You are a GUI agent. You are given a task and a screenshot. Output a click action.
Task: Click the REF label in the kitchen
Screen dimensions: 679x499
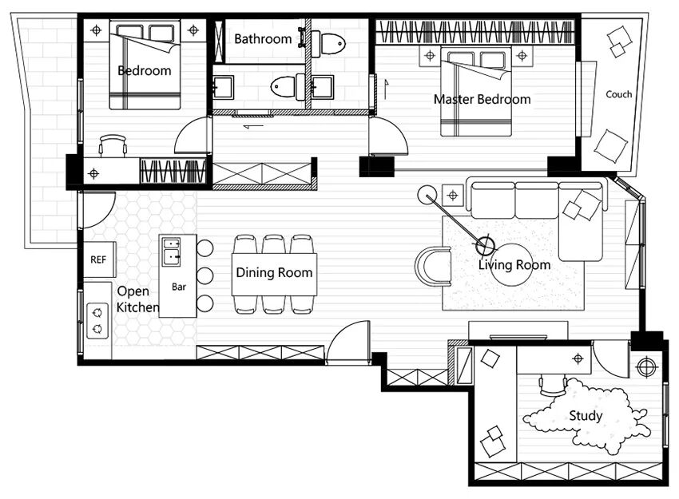(x=98, y=259)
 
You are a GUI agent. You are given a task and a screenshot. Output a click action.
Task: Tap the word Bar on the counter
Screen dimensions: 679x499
(x=179, y=287)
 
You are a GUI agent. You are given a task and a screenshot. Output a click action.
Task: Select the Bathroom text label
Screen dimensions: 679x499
(x=263, y=39)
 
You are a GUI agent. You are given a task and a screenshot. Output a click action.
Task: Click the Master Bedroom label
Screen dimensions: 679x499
(x=482, y=99)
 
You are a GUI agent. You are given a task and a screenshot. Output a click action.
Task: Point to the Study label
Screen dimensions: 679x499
(x=586, y=416)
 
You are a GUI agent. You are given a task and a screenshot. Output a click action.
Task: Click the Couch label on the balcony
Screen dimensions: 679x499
(x=618, y=94)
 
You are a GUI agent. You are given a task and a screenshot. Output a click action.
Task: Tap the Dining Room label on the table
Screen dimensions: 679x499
(x=274, y=272)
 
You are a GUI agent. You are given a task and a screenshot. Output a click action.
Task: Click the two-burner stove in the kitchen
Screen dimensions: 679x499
(x=97, y=321)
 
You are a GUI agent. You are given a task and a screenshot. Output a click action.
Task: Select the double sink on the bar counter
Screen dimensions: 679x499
(x=172, y=251)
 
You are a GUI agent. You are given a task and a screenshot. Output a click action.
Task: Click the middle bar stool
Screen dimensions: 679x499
(x=204, y=275)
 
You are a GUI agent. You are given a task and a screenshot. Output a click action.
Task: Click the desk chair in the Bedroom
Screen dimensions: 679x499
(x=113, y=145)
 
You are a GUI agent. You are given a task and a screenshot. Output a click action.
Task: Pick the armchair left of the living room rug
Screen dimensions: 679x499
(x=433, y=267)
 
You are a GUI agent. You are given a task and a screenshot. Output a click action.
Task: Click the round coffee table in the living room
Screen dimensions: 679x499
(x=511, y=265)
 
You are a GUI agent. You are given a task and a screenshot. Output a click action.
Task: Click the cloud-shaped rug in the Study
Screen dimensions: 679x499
(x=587, y=417)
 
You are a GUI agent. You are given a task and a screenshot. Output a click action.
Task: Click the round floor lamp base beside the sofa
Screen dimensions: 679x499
(x=427, y=194)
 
